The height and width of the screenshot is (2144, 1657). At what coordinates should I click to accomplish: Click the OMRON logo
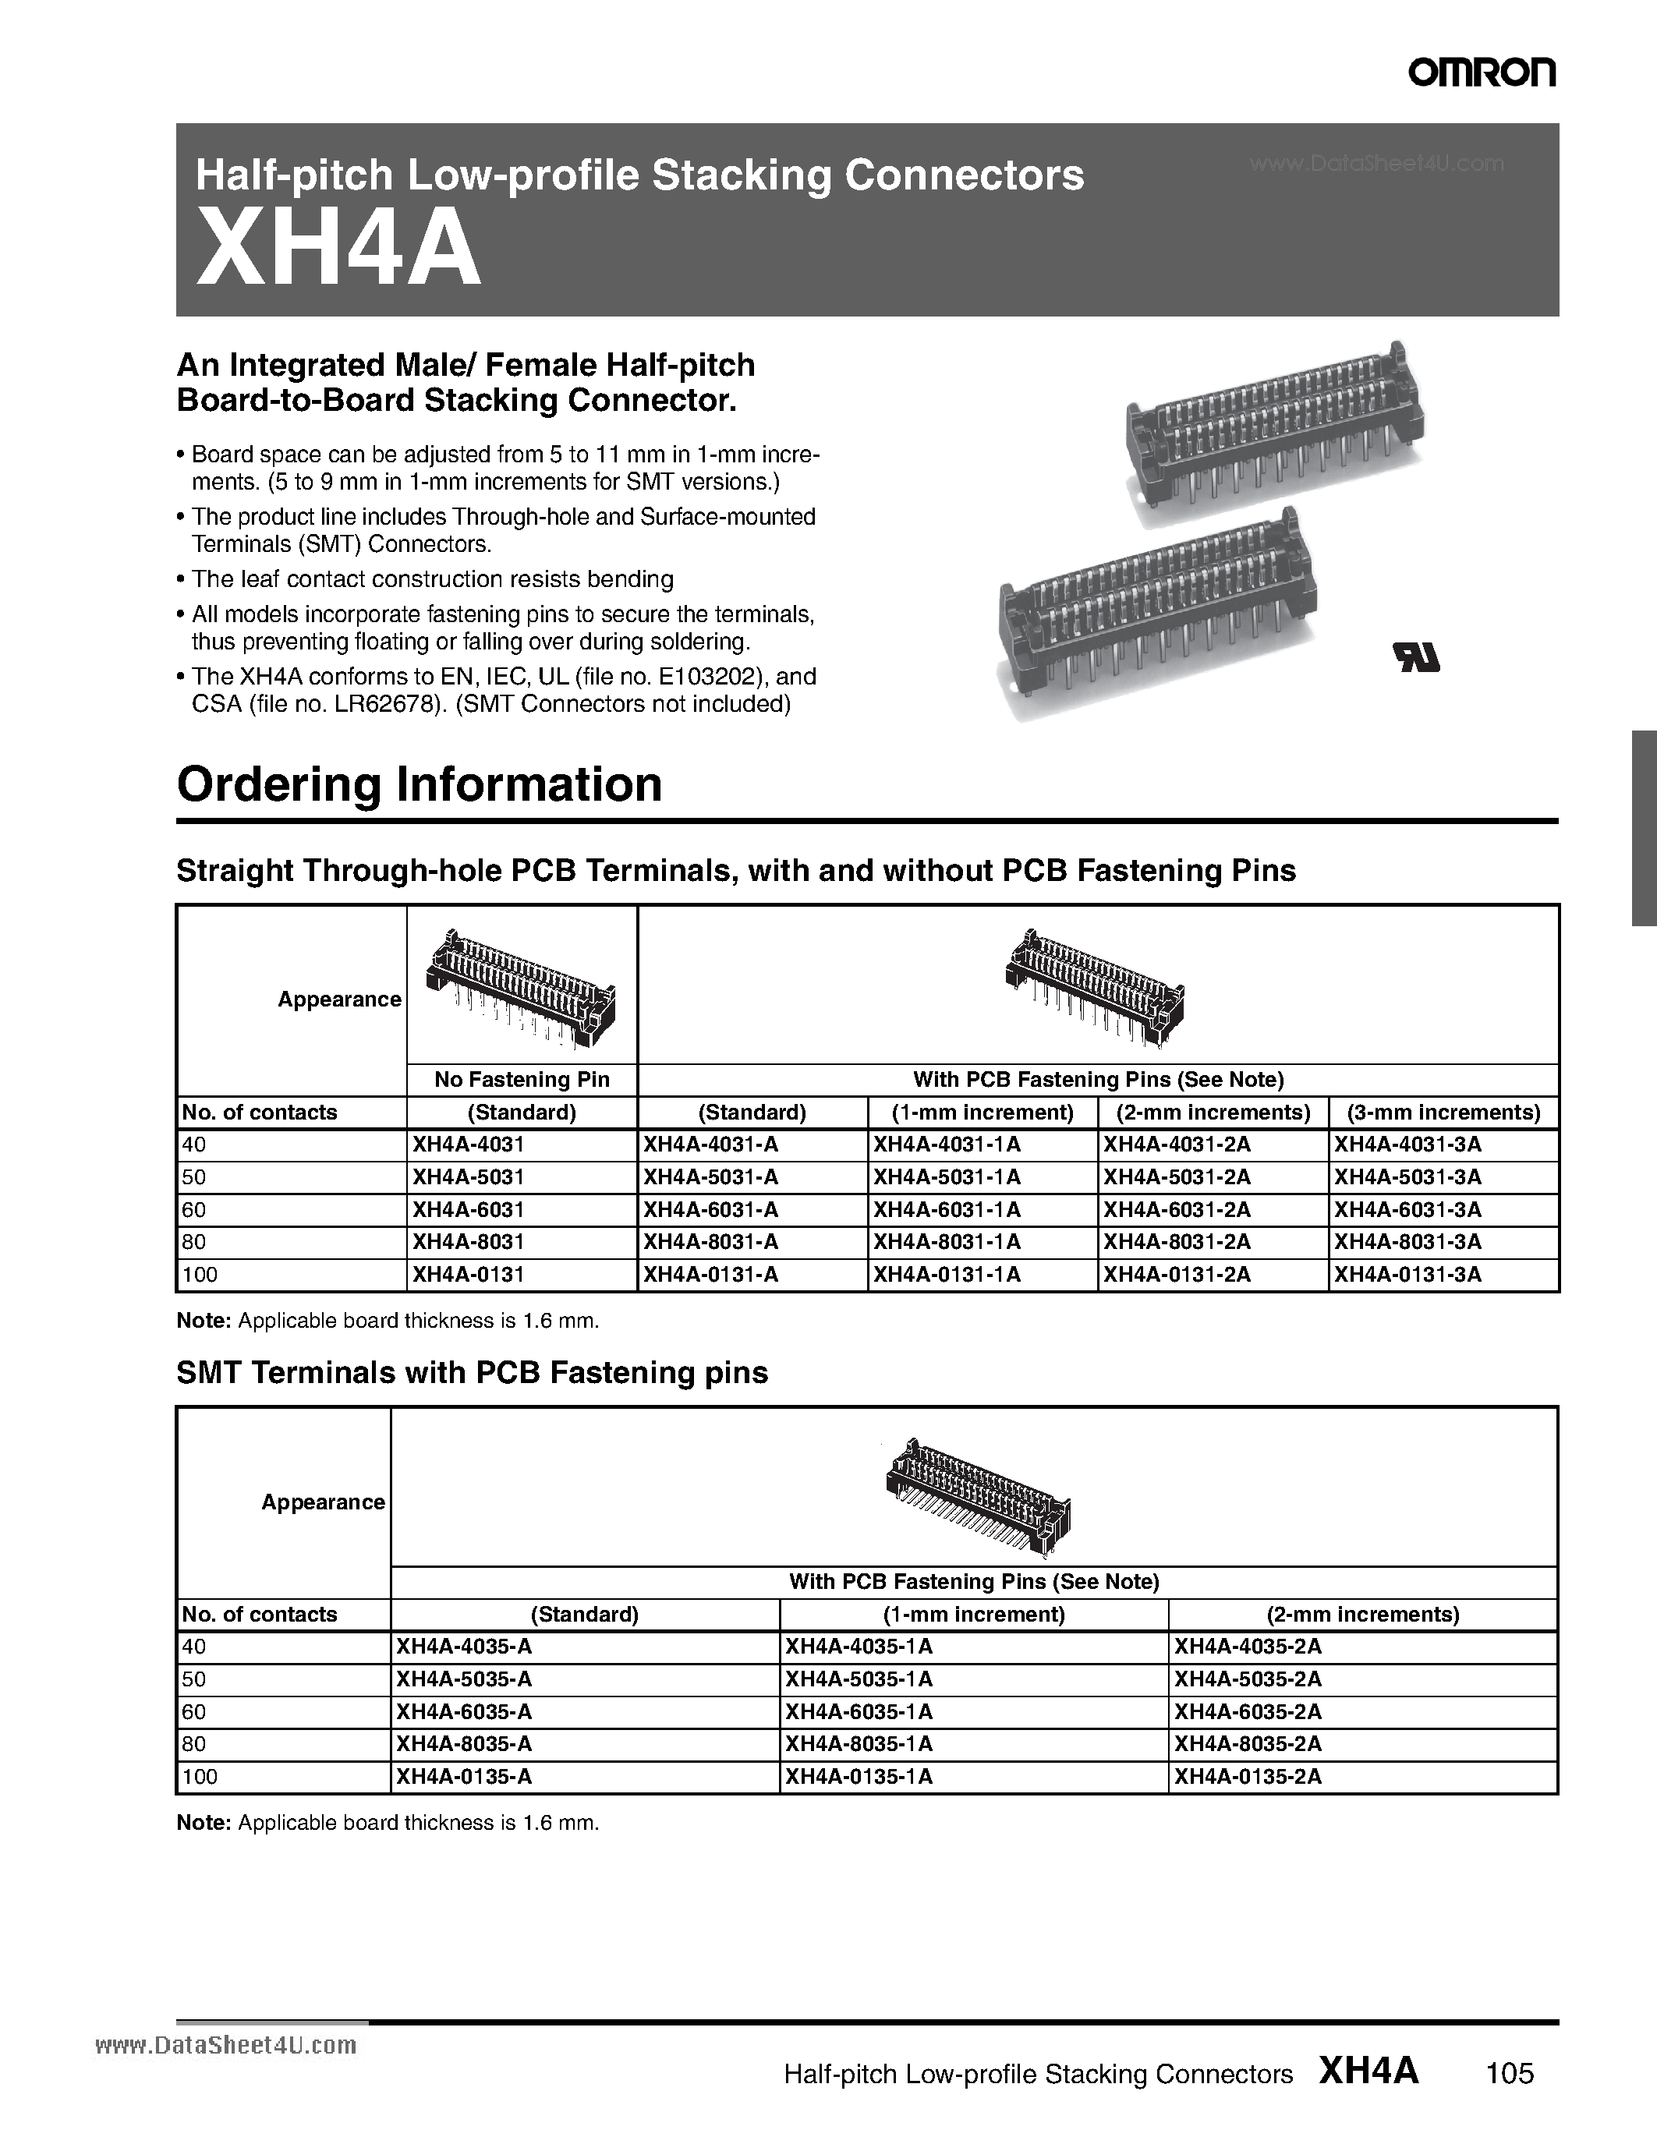[1482, 73]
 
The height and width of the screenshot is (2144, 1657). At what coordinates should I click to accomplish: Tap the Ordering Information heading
[420, 784]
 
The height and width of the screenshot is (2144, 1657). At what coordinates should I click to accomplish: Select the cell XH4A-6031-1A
[947, 1209]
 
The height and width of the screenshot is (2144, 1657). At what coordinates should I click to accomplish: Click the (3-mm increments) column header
[1443, 1113]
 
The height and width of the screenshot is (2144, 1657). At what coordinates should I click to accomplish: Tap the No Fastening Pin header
[521, 1080]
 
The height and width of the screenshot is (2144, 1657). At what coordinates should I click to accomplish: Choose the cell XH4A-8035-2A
[1248, 1743]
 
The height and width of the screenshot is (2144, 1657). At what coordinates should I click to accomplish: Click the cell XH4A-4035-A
[463, 1647]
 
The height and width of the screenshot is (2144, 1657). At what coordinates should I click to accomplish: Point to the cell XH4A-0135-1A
[858, 1776]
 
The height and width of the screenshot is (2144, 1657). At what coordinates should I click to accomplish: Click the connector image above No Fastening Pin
[521, 985]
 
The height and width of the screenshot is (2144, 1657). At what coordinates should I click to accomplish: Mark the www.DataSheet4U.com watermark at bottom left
[226, 2045]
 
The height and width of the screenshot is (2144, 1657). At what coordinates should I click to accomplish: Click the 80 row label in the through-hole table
[194, 1242]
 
